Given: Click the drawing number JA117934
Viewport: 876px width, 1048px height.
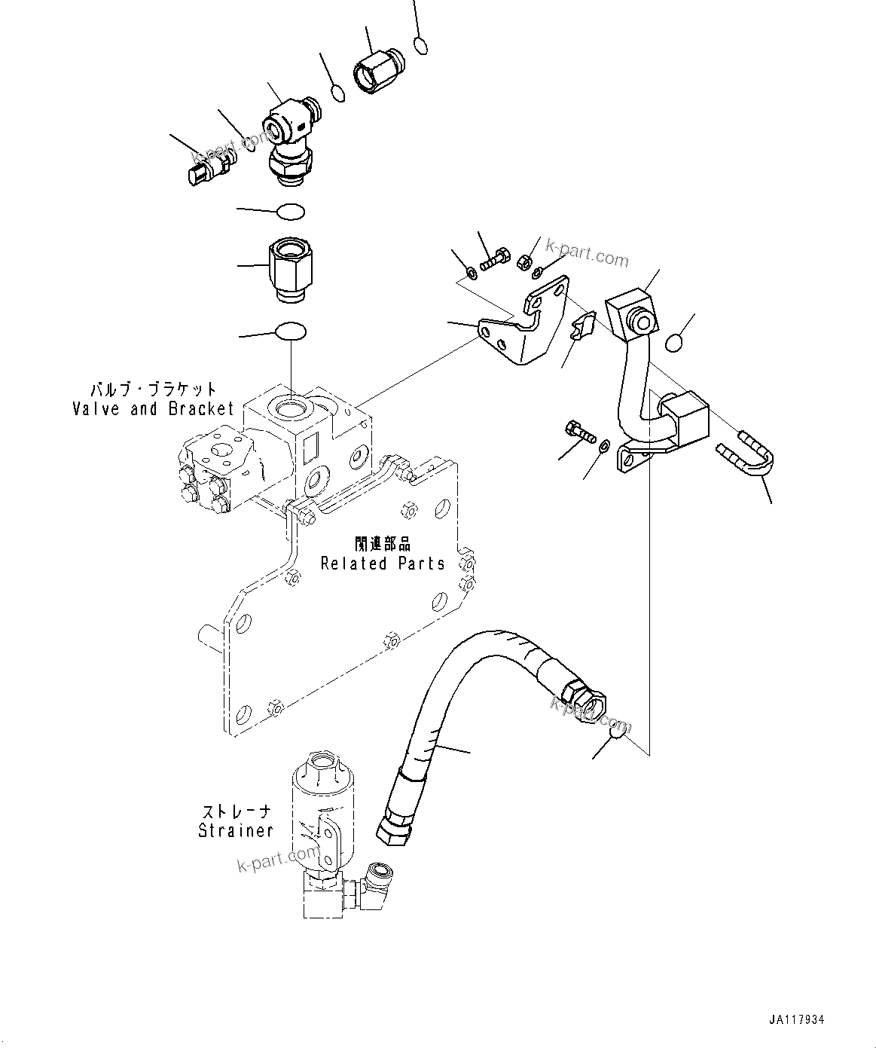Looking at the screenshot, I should (797, 1019).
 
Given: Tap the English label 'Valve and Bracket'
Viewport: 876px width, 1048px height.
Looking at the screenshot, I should (154, 409).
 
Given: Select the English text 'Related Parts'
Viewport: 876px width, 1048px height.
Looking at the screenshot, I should (383, 564).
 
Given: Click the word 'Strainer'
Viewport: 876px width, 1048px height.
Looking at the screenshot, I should (235, 831).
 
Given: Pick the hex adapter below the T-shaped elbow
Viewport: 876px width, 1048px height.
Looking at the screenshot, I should (290, 270).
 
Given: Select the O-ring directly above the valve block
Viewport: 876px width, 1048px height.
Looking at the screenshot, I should (291, 331).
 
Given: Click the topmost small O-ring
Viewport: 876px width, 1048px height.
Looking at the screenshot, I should (422, 46).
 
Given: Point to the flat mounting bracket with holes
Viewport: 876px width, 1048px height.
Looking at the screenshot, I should (520, 329).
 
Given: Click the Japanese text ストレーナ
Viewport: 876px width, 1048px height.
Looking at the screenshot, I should (236, 812).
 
